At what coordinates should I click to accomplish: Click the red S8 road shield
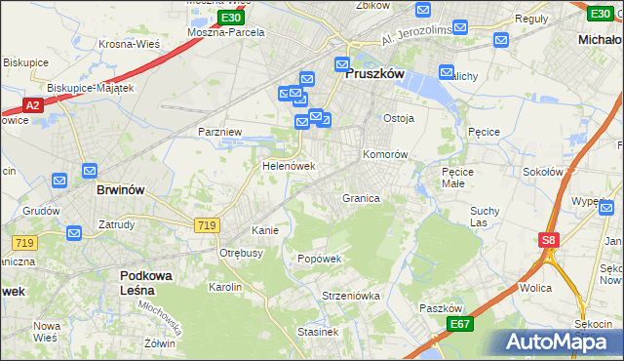pyautogui.click(x=549, y=240)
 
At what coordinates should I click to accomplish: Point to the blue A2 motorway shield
pyautogui.click(x=31, y=105)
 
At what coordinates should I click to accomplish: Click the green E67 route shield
pyautogui.click(x=460, y=324)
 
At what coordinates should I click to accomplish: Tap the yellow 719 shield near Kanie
pyautogui.click(x=206, y=225)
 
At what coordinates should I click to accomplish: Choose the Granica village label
pyautogui.click(x=361, y=198)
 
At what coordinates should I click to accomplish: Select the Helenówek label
pyautogui.click(x=289, y=167)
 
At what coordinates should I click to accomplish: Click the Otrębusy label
pyautogui.click(x=241, y=253)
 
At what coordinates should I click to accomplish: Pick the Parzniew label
pyautogui.click(x=219, y=131)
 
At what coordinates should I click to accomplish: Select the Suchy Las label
pyautogui.click(x=485, y=217)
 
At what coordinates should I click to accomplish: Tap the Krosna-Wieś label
pyautogui.click(x=130, y=44)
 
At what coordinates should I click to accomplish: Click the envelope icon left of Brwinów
pyautogui.click(x=59, y=180)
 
